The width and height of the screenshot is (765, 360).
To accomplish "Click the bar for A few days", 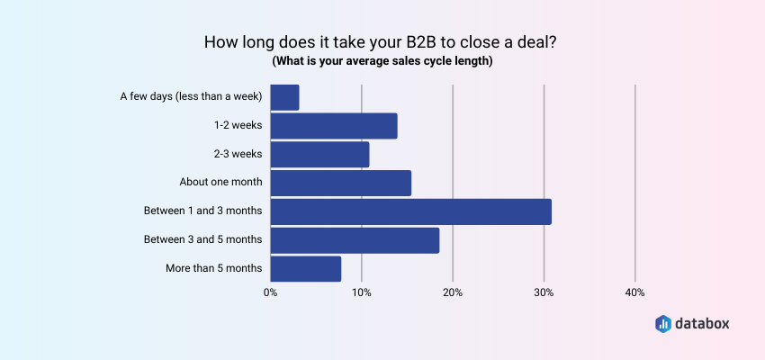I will pos(284,97).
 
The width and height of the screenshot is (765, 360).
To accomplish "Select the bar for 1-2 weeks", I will pos(333,126).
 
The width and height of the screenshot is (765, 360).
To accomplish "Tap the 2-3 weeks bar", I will pos(319,155).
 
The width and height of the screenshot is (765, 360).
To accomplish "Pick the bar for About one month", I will pos(340,183).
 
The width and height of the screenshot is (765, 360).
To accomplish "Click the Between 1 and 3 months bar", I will pos(410,211).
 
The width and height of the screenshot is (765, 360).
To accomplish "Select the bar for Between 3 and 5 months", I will pos(355,240).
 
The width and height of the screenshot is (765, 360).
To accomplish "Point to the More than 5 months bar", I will pos(305,268).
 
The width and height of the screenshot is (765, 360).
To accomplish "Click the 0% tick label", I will pos(270,292).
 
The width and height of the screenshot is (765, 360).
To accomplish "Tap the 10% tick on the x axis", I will pos(361,292).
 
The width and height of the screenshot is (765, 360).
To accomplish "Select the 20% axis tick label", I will pos(453,292).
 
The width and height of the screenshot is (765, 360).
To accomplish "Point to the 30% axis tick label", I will pos(544,292).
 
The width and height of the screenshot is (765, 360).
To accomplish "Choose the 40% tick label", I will pos(634,292).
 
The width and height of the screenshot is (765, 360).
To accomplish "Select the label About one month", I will pos(220,182).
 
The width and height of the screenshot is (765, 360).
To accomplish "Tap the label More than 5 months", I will pos(214,268).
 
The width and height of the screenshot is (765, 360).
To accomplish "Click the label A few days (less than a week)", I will pos(191,96).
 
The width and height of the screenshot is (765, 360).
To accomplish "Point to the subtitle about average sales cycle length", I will pos(382,61).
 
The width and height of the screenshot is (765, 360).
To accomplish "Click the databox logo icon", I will pos(662,323).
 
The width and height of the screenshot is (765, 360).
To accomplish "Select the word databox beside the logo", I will pos(706,323).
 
